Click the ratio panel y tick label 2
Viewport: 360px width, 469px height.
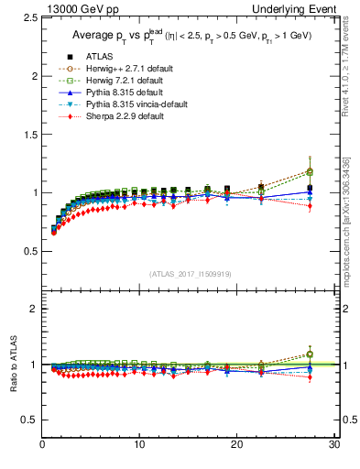32,309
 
